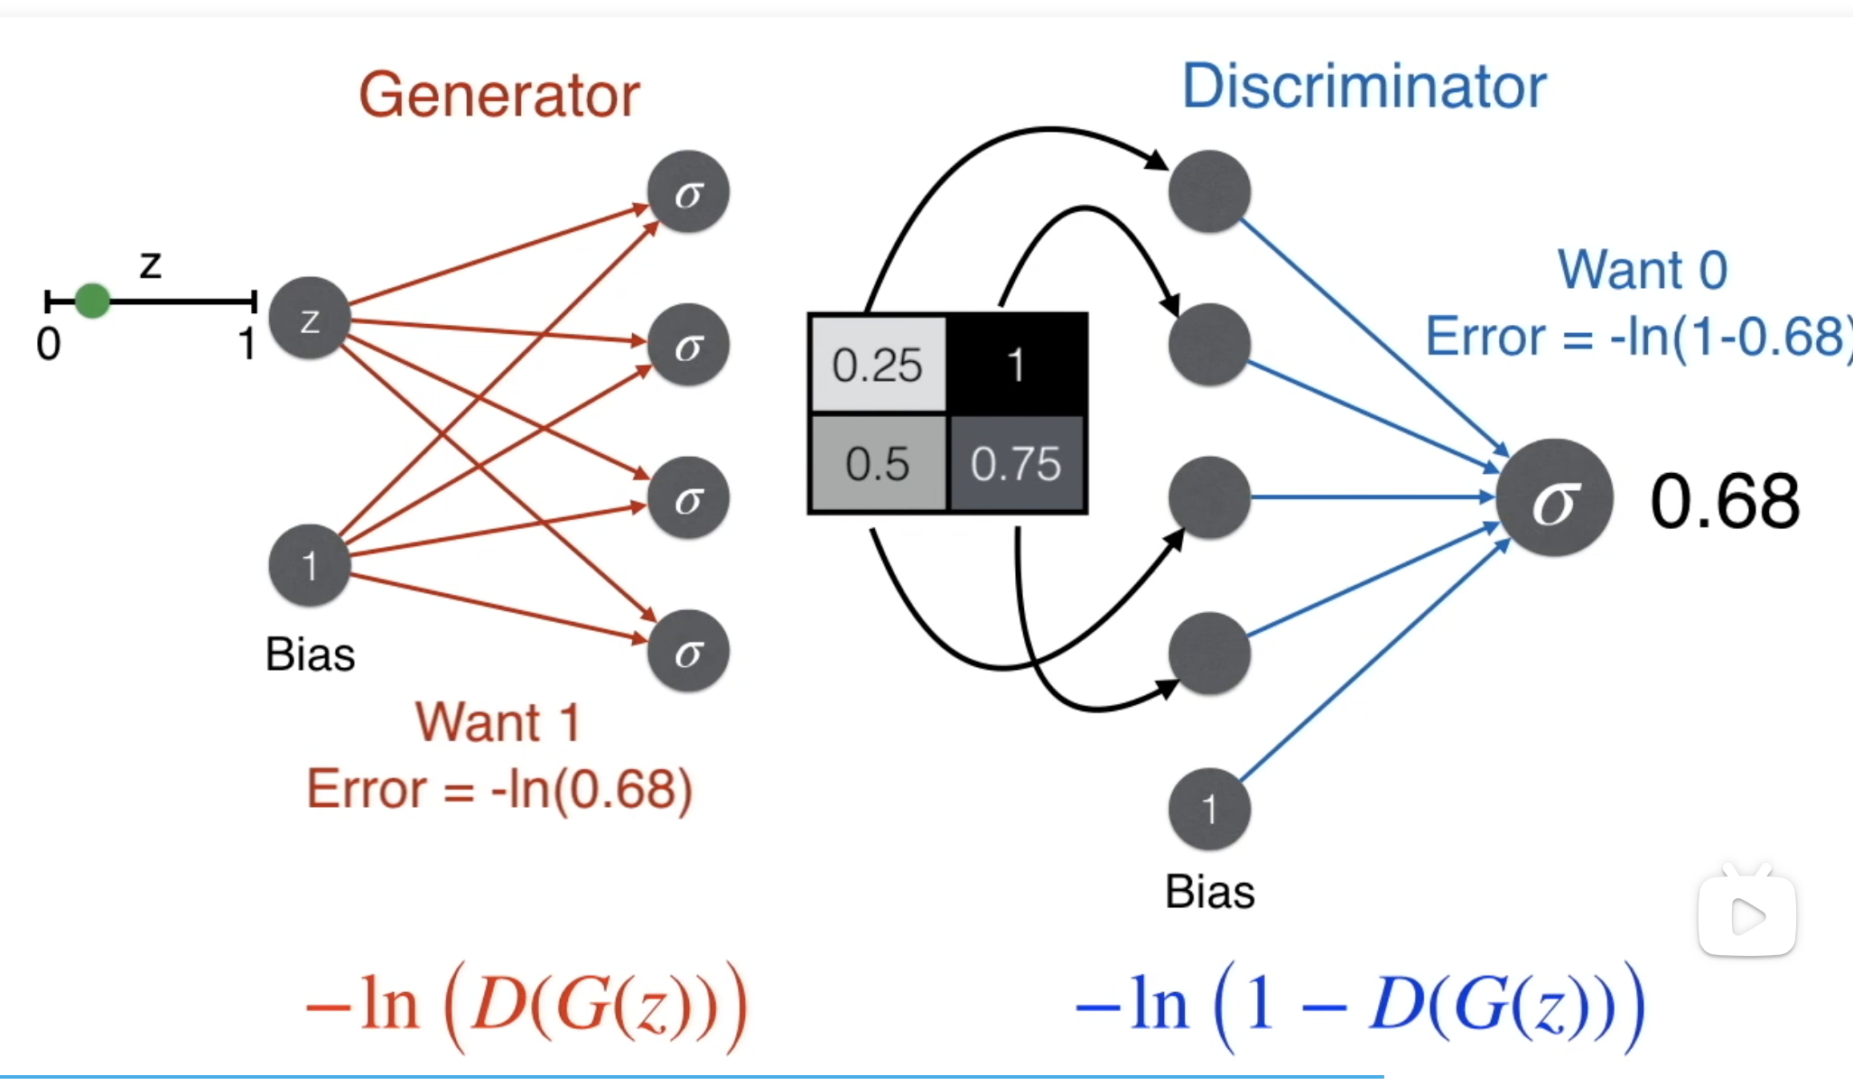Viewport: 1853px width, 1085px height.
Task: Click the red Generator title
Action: [498, 95]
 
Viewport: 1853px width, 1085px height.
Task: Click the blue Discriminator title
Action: [1364, 87]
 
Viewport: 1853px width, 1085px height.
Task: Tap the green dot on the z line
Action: [92, 301]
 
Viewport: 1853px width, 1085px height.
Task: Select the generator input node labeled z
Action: [310, 319]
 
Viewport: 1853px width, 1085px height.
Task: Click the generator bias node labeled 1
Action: [310, 566]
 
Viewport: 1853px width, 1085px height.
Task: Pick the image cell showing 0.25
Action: [878, 365]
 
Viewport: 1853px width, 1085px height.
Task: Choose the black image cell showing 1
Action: [1016, 365]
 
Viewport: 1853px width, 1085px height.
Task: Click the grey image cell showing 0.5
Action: [878, 464]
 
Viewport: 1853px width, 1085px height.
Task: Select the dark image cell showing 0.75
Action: [1016, 464]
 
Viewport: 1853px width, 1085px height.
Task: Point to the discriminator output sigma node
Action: [1554, 498]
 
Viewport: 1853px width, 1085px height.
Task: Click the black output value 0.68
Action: [1725, 501]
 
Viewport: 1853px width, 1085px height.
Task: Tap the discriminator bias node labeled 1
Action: [1209, 809]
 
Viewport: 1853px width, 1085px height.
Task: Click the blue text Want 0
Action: [1642, 269]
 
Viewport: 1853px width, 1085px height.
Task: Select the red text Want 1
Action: [498, 722]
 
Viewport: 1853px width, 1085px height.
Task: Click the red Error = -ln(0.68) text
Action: [499, 789]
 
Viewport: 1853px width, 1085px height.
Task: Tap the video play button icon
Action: [1747, 917]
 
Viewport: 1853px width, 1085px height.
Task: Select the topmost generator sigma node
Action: [688, 192]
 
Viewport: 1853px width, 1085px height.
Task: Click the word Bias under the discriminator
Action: [1209, 892]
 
